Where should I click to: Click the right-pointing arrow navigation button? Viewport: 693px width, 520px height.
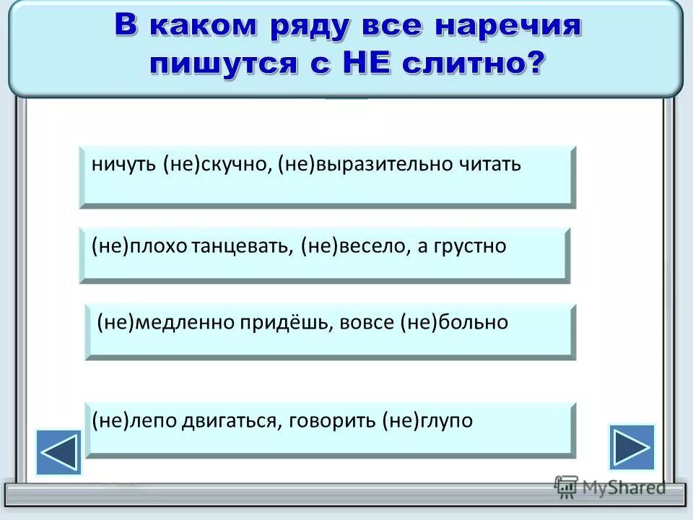[x=632, y=447]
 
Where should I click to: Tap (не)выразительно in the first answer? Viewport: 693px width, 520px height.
[x=365, y=164]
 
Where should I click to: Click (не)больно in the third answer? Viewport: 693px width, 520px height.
[x=453, y=322]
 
